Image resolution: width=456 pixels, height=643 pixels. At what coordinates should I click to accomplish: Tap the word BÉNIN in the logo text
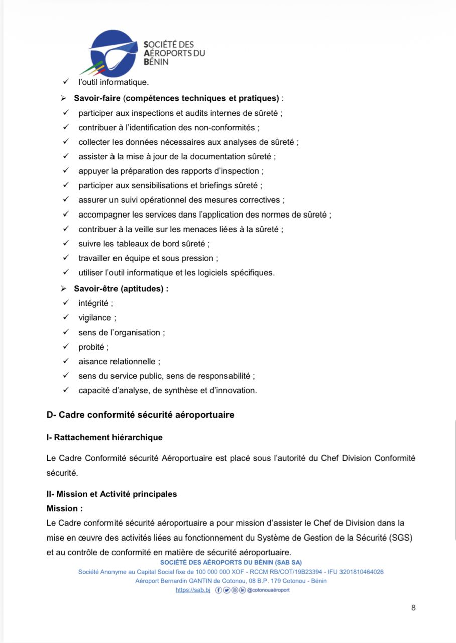click(x=156, y=62)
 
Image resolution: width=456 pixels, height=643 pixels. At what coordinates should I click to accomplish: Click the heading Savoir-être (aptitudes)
click(x=121, y=289)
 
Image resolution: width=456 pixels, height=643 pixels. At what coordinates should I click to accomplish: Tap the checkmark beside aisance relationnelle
click(x=65, y=361)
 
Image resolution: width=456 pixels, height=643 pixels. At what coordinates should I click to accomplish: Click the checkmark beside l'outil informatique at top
click(x=65, y=81)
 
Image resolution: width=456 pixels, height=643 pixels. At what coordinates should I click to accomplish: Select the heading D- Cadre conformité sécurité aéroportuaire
click(x=140, y=415)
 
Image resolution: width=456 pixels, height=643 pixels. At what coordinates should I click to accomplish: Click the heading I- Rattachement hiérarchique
click(x=104, y=437)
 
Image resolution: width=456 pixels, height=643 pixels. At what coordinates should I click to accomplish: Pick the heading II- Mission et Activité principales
click(x=111, y=494)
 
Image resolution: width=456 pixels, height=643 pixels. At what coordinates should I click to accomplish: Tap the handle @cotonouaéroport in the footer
click(x=268, y=590)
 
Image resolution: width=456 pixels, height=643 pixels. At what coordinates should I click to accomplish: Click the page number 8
click(x=413, y=608)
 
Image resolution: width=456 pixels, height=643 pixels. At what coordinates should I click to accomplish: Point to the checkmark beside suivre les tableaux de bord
click(x=65, y=244)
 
